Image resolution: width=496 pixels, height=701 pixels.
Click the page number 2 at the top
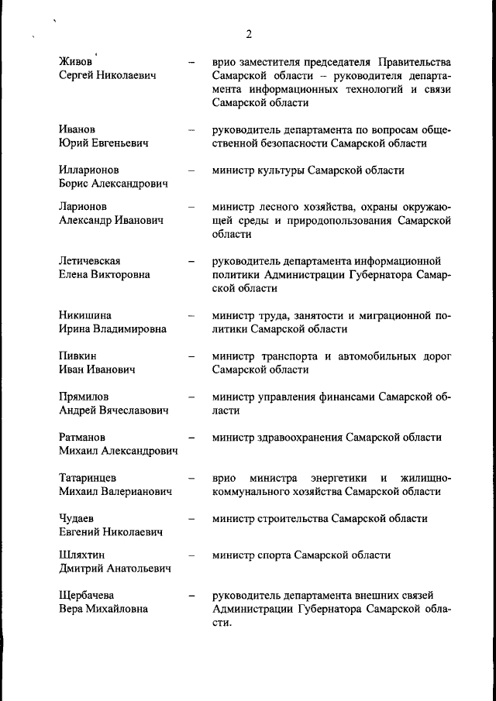point(248,33)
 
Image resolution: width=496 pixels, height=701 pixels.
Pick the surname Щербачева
point(88,595)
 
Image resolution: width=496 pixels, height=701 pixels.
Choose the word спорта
point(278,555)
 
